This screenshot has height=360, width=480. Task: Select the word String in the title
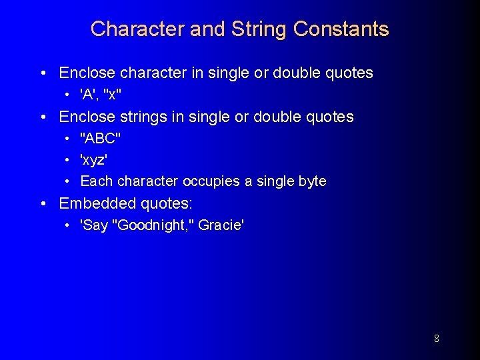[259, 29]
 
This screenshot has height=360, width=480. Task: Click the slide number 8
[436, 339]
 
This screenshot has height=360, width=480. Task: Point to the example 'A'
[89, 94]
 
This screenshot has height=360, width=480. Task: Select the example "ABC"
[100, 139]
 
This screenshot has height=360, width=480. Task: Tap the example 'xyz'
[94, 160]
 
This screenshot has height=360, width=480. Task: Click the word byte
[312, 181]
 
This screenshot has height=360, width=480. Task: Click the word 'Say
[94, 225]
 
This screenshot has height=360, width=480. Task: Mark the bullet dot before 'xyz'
[69, 161]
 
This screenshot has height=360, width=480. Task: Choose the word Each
[94, 181]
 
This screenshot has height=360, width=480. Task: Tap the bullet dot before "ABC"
[69, 139]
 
